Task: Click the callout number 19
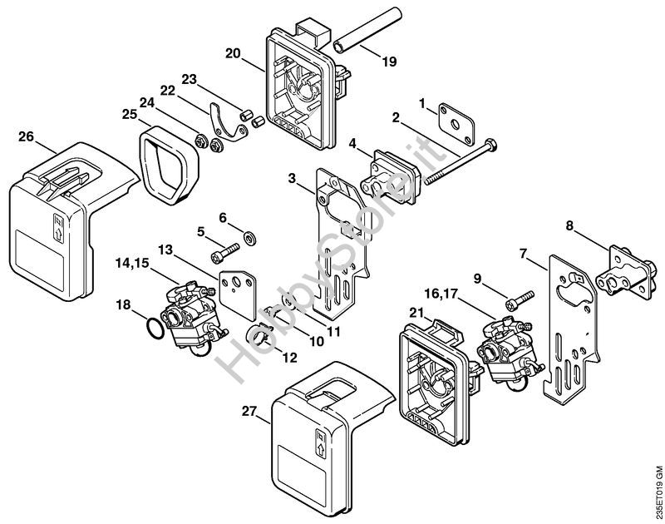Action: click(x=390, y=61)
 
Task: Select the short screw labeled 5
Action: click(x=222, y=248)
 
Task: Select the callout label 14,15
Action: click(x=134, y=264)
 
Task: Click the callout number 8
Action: click(x=569, y=224)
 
